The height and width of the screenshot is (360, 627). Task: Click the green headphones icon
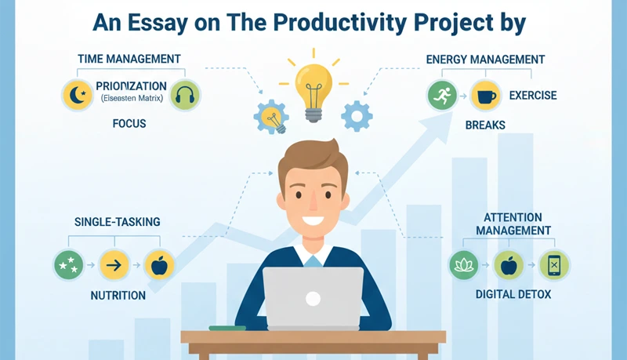tap(185, 96)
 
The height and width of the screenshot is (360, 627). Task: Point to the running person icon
tap(442, 96)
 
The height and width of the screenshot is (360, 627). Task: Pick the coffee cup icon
tap(487, 96)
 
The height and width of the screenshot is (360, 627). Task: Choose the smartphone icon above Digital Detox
tap(554, 265)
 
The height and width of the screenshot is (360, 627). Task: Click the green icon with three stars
tap(68, 265)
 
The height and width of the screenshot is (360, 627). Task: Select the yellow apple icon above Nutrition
tap(159, 265)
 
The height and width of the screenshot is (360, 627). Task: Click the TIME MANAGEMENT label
tap(129, 59)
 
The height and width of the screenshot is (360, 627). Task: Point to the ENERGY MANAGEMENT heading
tap(485, 59)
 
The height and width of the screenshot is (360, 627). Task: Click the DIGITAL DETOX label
tap(513, 295)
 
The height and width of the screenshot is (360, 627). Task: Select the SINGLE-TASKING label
tap(117, 222)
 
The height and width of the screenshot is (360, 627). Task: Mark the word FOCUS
tap(129, 124)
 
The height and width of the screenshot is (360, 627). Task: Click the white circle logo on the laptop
tap(313, 298)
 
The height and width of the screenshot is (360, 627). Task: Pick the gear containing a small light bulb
tap(271, 117)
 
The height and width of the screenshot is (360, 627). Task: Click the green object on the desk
tap(227, 327)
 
